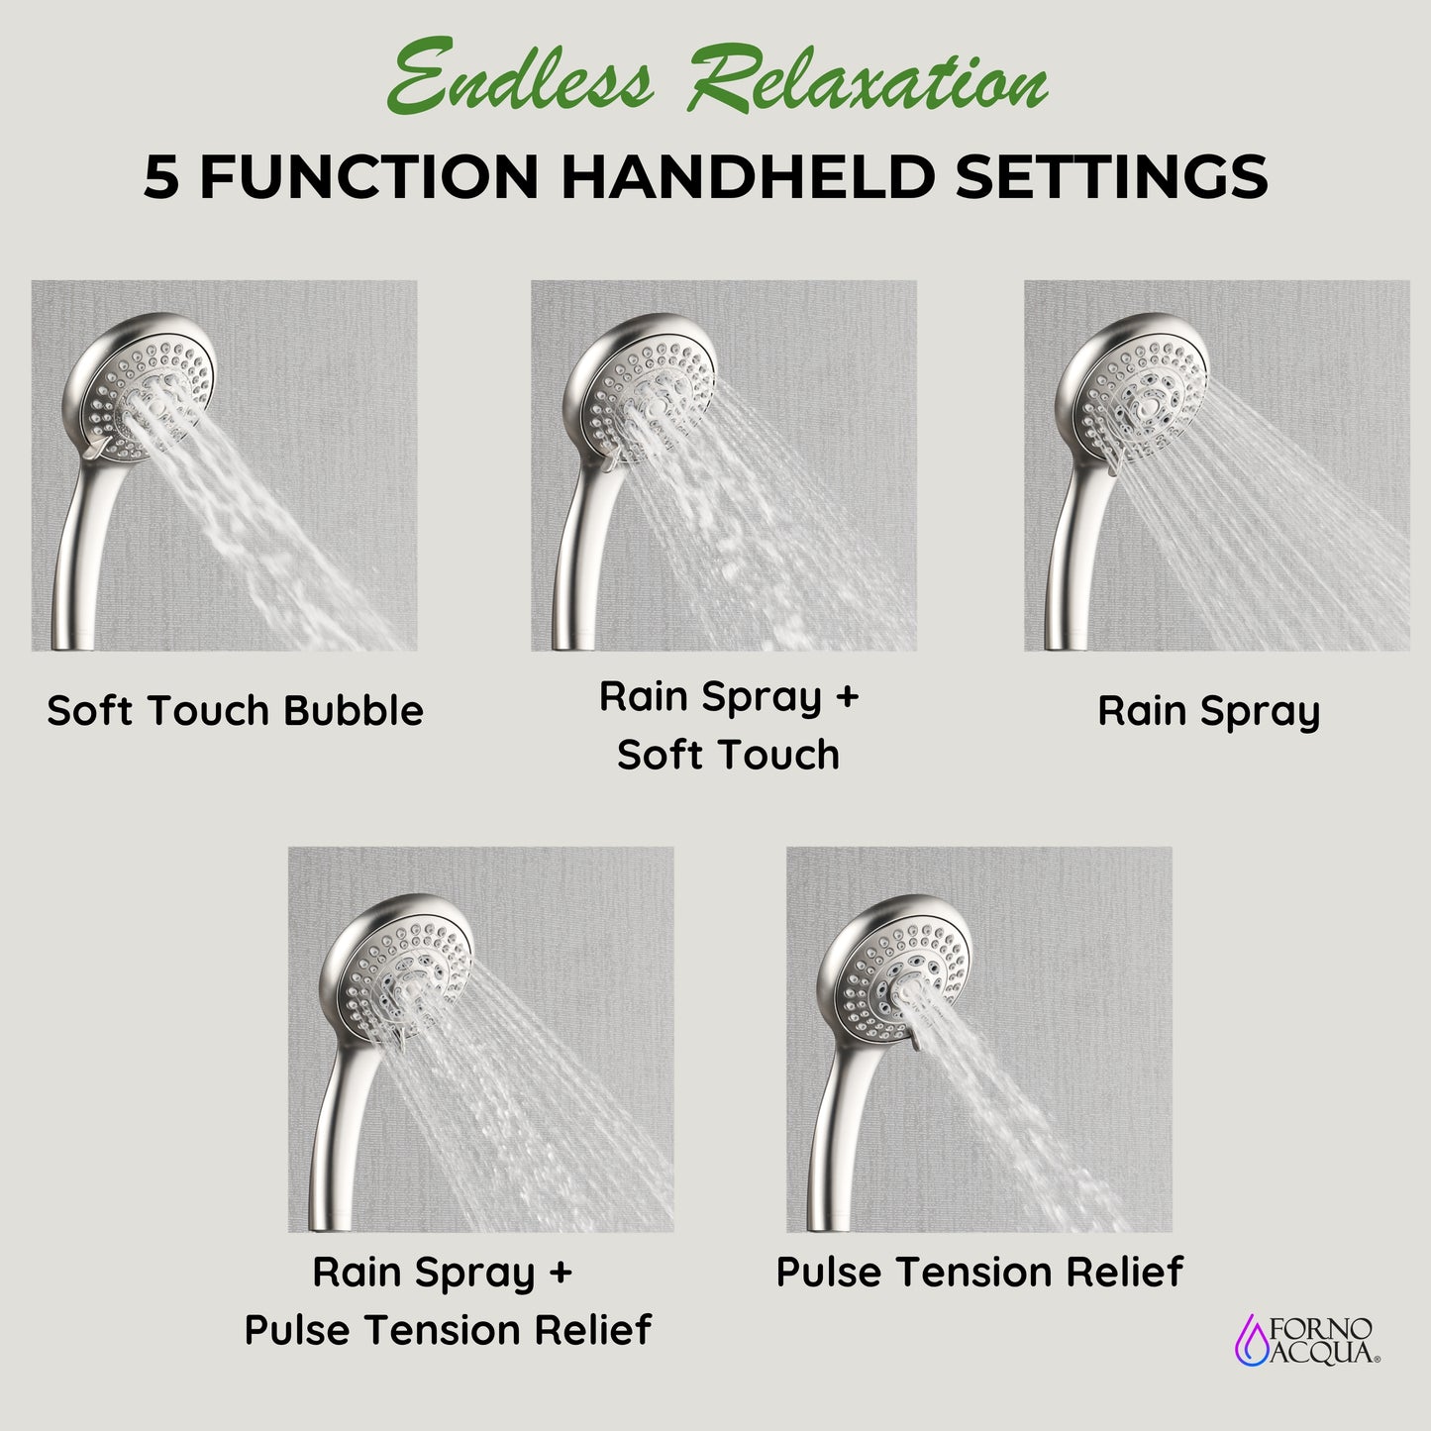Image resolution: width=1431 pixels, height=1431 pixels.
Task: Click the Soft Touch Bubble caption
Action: (x=235, y=711)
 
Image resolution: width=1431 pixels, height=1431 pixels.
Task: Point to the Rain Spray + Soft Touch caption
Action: (x=728, y=725)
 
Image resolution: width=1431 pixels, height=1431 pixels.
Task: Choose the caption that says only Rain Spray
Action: (x=1208, y=711)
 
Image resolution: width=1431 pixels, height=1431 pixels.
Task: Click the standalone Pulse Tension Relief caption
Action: (x=978, y=1272)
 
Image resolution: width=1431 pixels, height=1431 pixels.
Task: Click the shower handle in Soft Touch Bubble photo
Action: (x=74, y=555)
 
